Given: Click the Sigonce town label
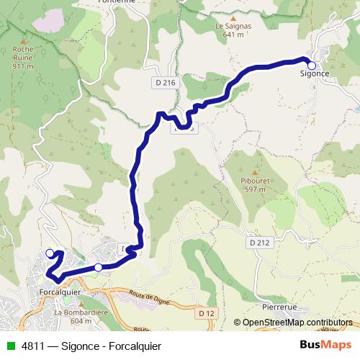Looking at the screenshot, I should (315, 73).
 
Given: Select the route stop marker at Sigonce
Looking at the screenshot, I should (312, 65).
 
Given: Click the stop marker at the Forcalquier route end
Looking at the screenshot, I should (50, 253).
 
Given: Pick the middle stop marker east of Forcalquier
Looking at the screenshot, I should (98, 267).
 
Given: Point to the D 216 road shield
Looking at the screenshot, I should (165, 83).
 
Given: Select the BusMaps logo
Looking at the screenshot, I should (325, 345).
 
